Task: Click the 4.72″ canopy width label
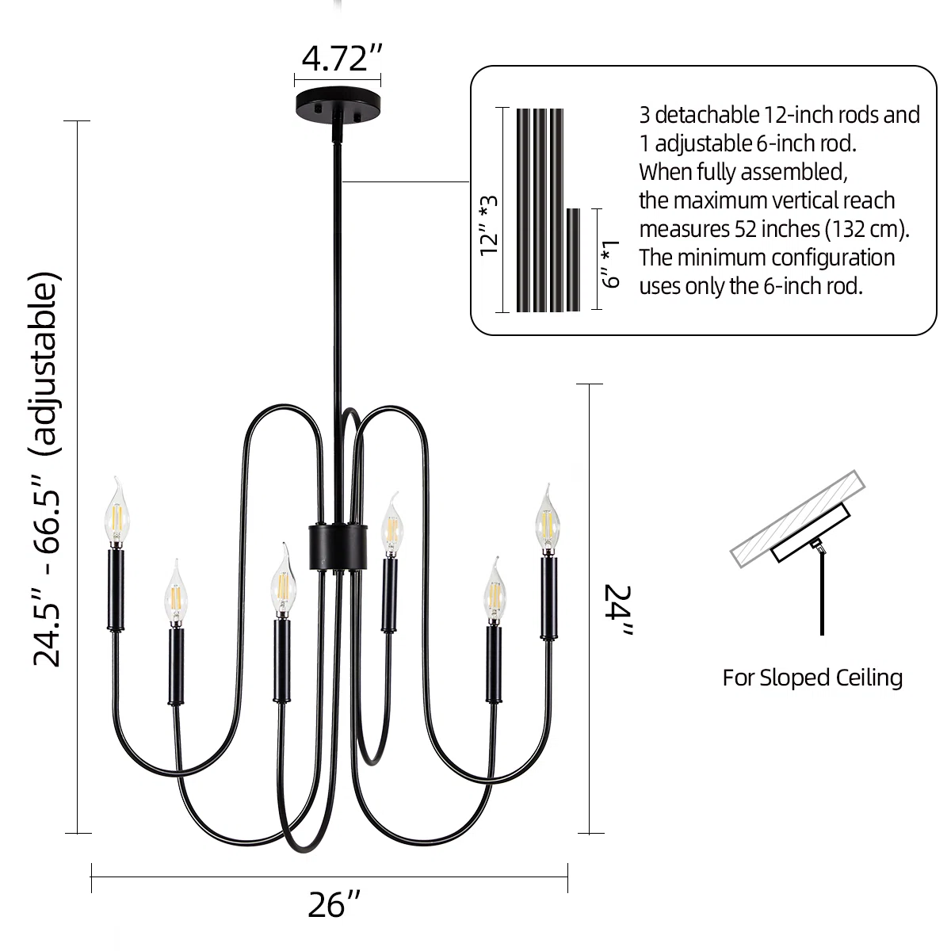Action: (342, 58)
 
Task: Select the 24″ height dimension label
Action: (618, 609)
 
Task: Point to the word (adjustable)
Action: (44, 363)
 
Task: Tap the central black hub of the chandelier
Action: (338, 546)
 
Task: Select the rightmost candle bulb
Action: (548, 520)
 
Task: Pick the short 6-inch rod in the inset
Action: (573, 260)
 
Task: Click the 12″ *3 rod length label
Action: (489, 226)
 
